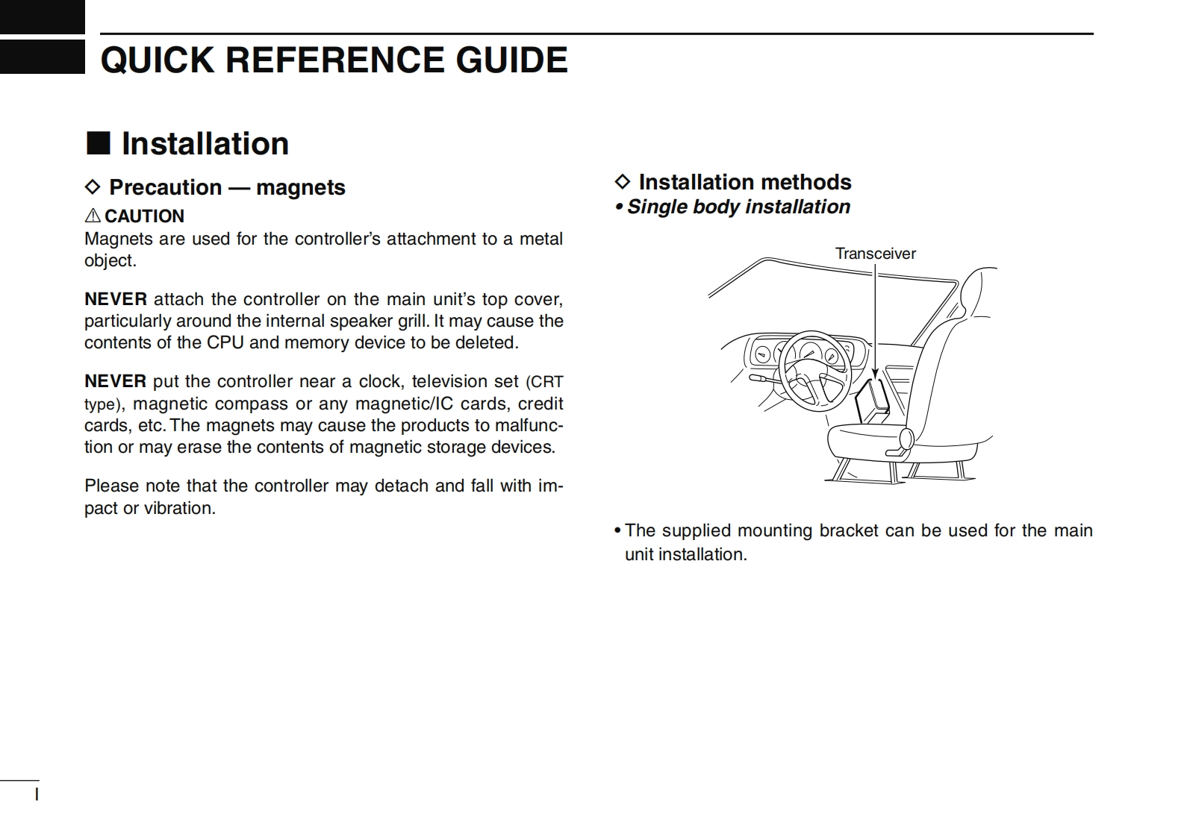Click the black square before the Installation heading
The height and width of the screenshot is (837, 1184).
98,142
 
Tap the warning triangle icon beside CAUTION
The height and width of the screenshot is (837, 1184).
93,216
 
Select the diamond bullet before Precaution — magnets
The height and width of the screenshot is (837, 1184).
92,186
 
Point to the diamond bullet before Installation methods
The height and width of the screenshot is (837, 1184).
622,181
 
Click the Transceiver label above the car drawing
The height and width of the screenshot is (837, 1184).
875,254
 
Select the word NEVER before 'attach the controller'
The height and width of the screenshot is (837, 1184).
115,299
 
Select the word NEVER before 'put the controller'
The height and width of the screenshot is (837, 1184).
115,381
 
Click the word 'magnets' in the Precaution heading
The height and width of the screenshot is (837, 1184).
300,187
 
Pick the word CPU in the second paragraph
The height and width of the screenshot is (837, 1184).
225,342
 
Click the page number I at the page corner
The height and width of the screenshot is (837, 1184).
37,794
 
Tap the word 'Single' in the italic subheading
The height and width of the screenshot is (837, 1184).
657,207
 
